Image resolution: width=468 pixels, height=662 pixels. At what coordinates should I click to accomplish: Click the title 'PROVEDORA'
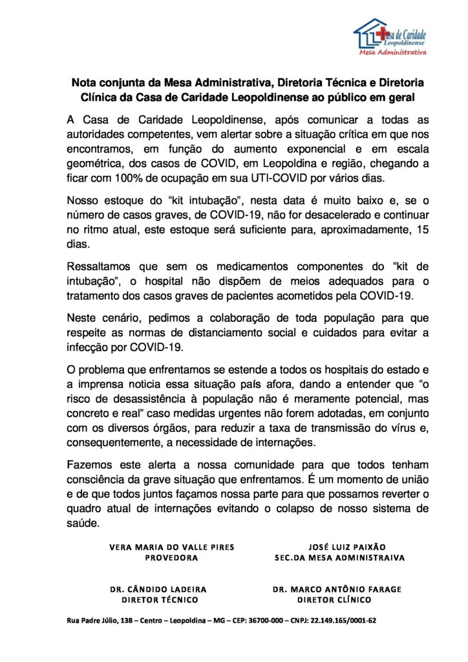point(171,557)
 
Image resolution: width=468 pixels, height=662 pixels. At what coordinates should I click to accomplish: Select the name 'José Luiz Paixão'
point(339,546)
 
